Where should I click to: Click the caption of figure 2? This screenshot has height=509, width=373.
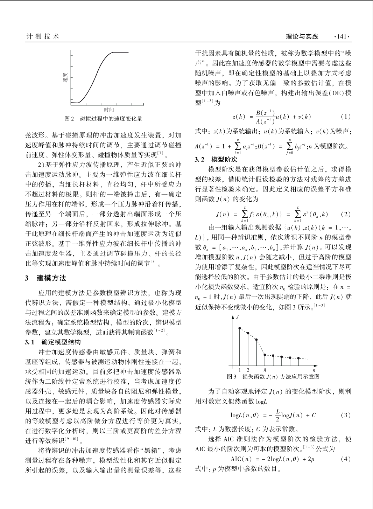point(104,119)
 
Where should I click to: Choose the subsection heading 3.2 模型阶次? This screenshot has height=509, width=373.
point(216,160)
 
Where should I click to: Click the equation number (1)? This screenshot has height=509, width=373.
point(345,117)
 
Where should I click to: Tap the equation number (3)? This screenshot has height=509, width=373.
point(345,415)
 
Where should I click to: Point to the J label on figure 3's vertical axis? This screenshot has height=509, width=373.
point(238,317)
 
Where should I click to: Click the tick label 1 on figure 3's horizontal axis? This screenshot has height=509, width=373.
point(240,370)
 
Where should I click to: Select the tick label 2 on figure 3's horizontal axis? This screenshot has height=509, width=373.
point(248,370)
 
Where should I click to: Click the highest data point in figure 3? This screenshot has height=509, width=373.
point(240,328)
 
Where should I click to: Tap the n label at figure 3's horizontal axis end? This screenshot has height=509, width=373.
point(314,370)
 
